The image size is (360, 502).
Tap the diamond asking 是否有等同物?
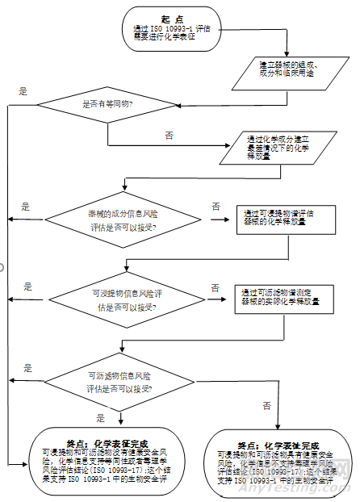[x=108, y=104]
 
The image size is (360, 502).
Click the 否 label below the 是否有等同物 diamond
[x=169, y=135]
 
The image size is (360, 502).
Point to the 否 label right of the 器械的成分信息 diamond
[x=216, y=207]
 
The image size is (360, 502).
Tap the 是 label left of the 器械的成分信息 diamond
[x=26, y=207]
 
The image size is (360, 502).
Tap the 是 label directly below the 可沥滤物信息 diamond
[x=101, y=417]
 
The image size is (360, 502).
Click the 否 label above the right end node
[x=266, y=405]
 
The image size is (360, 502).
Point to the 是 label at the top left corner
[x=23, y=90]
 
